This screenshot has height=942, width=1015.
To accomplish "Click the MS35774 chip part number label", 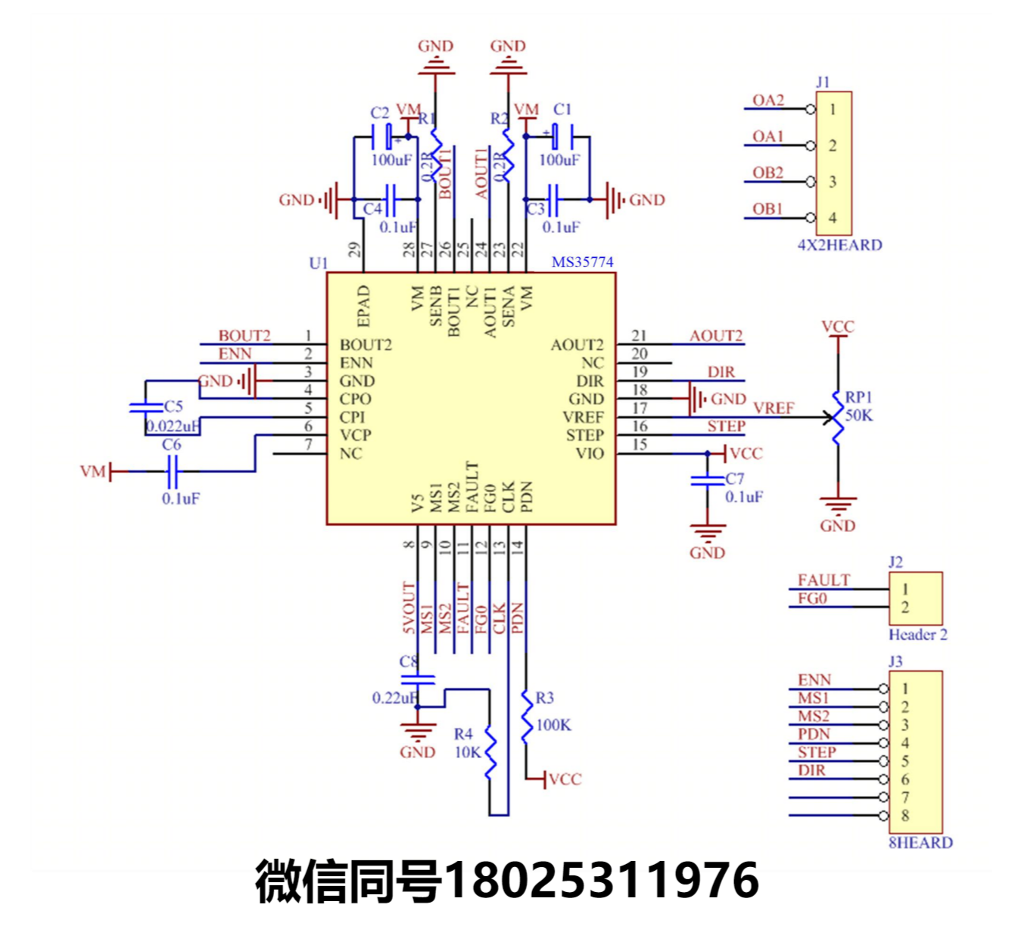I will (x=582, y=263).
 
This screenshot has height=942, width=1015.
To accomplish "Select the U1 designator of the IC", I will (x=319, y=263).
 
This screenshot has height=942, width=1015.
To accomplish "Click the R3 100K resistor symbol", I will (x=526, y=716).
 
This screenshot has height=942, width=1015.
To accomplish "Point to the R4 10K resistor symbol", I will (x=490, y=752).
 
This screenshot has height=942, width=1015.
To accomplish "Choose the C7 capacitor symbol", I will (x=708, y=480).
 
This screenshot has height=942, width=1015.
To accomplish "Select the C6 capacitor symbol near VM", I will (x=173, y=471).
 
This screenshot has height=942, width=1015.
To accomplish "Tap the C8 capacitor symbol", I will (x=417, y=679).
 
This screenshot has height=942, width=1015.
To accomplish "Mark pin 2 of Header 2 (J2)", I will (x=905, y=607).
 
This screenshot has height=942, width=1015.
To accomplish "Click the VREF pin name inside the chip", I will (x=583, y=418).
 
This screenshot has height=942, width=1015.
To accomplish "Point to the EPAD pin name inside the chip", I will (x=364, y=306).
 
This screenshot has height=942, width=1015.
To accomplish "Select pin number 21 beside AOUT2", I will (x=640, y=335).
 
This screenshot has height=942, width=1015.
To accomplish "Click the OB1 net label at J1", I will (x=767, y=209).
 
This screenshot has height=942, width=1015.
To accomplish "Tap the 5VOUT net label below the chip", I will (x=409, y=608).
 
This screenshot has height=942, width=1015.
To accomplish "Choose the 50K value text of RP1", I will (x=859, y=415).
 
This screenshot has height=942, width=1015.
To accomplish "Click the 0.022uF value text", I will (x=173, y=426).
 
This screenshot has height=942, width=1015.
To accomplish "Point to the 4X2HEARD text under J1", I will (x=839, y=245).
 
